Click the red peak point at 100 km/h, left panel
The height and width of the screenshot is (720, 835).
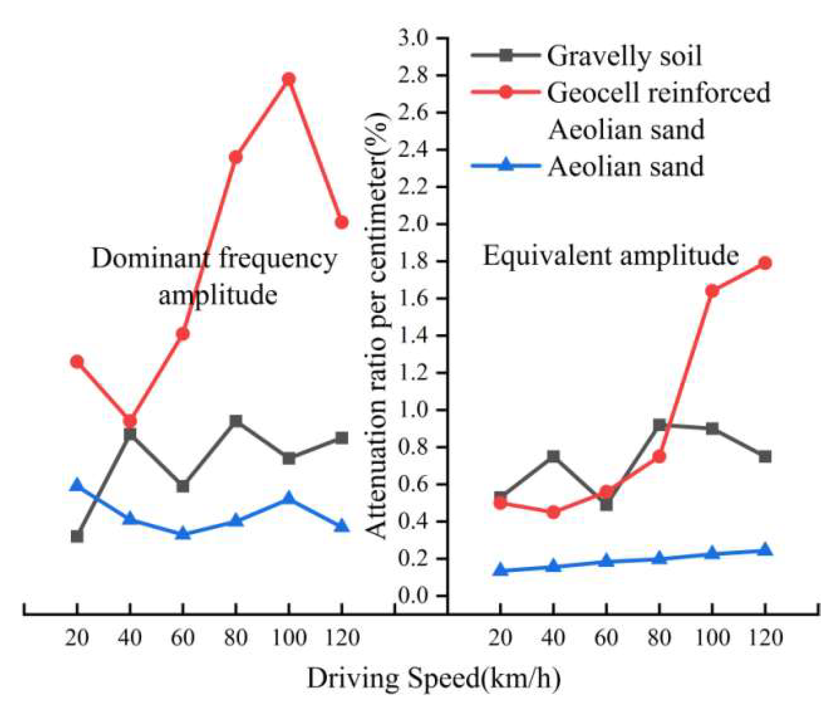[x=289, y=79]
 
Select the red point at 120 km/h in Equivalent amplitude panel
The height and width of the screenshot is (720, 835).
[x=765, y=263]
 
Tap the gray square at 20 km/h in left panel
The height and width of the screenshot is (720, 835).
[x=77, y=537]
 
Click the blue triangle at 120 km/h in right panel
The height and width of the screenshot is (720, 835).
[x=765, y=550]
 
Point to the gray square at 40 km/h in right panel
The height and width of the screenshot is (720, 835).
[x=553, y=457]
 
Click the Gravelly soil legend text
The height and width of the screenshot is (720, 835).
[x=624, y=56]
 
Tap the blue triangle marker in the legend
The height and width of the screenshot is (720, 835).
[x=506, y=165]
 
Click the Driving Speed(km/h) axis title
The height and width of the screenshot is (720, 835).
[x=433, y=679]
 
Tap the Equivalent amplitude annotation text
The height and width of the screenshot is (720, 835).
[x=610, y=256]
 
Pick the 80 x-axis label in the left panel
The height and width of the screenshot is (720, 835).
[x=235, y=638]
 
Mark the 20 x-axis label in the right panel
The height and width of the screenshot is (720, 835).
[x=500, y=638]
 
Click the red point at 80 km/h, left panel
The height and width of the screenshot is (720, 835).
[x=235, y=157]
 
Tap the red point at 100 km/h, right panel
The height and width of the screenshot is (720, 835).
[x=712, y=291]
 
